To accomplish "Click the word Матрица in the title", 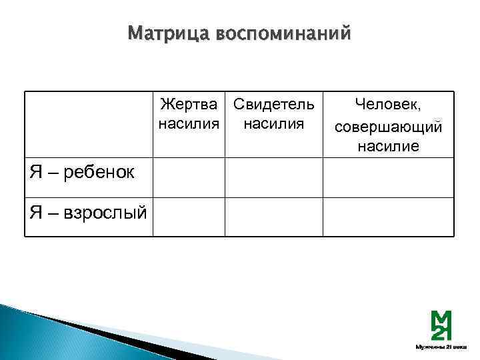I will point(167,33).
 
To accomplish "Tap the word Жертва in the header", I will point(189,105).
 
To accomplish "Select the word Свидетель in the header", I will point(273,105).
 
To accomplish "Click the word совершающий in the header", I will point(388,126).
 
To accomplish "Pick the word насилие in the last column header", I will point(388,147).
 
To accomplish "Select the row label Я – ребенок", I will point(82,173).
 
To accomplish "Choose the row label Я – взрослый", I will point(87,213).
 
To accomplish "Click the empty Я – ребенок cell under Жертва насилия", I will point(189,177).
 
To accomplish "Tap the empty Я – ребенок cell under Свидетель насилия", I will point(273,177).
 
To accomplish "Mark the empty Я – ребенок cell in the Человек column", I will point(388,177).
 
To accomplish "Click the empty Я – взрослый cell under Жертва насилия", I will point(189,217).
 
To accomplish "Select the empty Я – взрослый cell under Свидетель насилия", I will point(273,217).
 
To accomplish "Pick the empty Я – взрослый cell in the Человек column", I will point(388,217).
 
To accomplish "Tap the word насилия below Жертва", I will point(189,124).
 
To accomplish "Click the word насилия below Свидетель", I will point(273,124).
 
